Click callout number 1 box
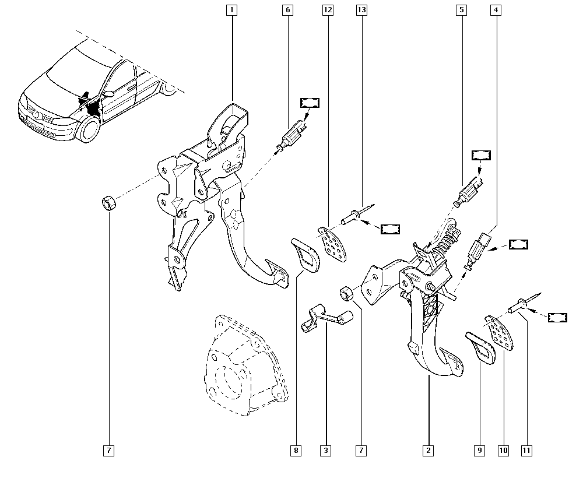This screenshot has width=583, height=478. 233,10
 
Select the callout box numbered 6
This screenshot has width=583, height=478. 287,10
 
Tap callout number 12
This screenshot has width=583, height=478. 326,10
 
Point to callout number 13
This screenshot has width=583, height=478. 362,10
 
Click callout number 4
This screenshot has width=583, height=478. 496,10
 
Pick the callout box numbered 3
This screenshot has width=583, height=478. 326,451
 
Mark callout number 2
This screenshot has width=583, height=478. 429,451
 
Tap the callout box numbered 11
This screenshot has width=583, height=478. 528,451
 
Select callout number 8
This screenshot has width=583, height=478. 297,451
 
